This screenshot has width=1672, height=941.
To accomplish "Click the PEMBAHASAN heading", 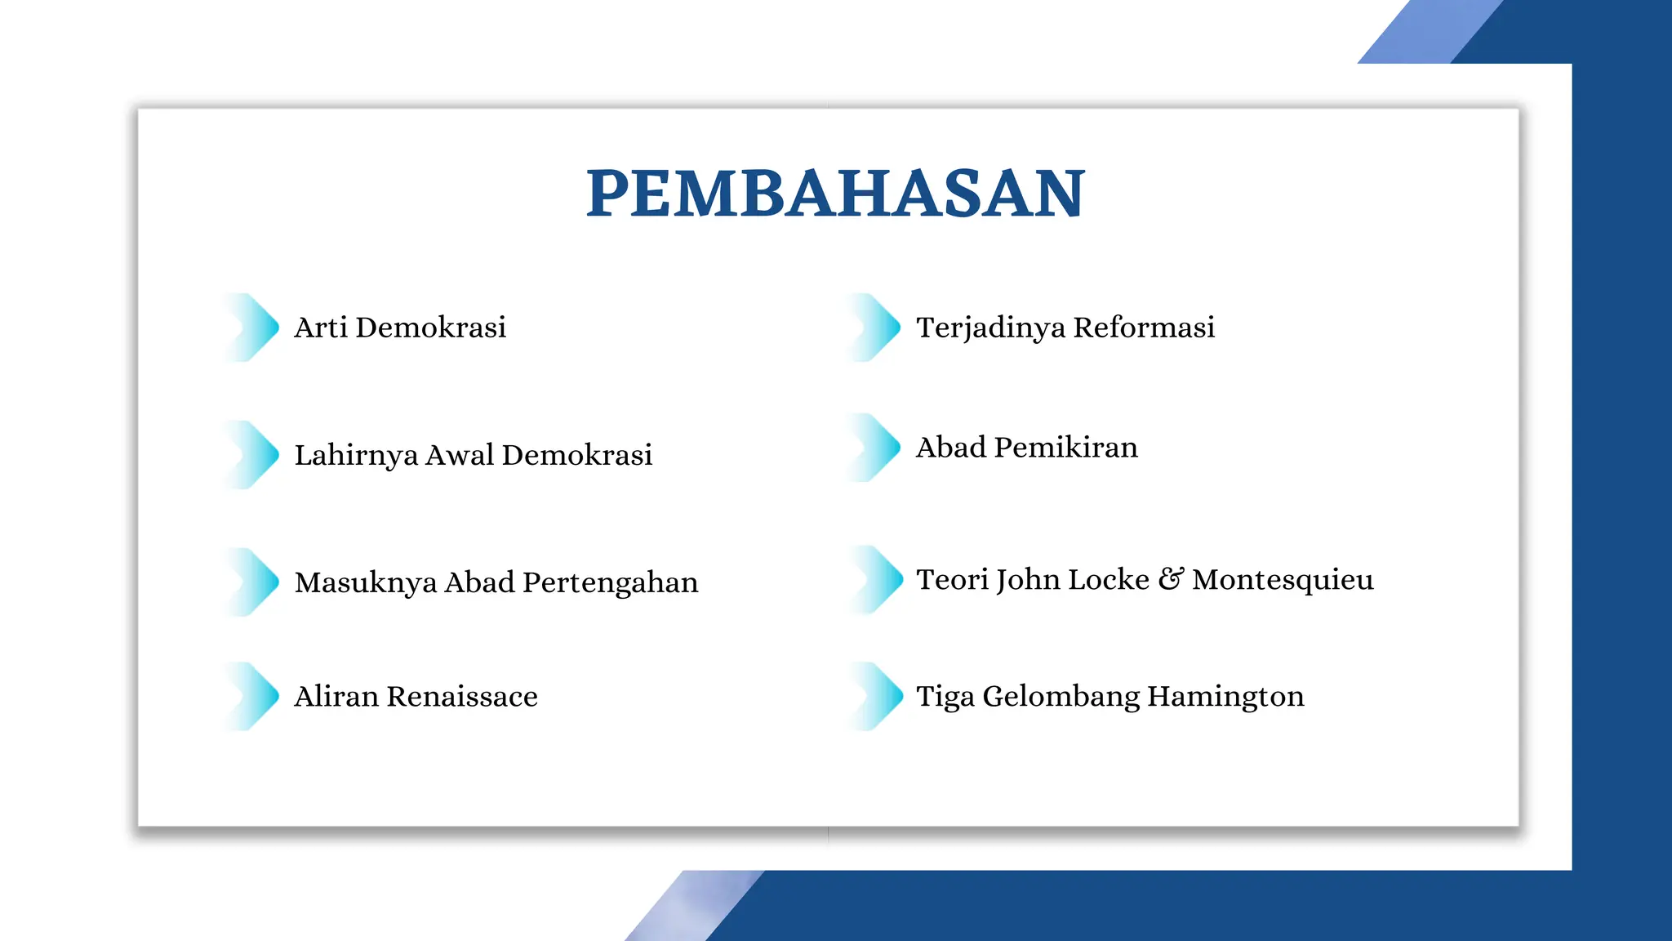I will click(836, 194).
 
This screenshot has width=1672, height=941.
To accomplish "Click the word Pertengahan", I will click(610, 583).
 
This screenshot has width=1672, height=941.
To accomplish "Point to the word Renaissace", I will click(462, 697).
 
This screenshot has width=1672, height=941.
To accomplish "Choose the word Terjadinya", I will click(990, 328).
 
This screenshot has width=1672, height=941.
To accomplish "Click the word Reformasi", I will click(1144, 328).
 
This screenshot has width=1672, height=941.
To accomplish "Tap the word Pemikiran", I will click(1065, 448).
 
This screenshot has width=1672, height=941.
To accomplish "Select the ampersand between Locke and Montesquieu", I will click(1171, 579).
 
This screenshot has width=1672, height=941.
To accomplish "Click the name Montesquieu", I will click(1283, 580).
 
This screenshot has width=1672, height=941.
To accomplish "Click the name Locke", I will click(1109, 580).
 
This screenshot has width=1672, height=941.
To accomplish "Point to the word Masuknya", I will click(366, 583).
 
